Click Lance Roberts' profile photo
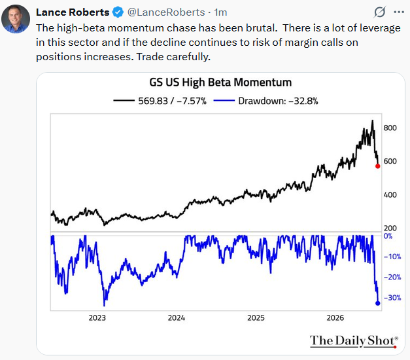pos(16,19)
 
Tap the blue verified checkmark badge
pos(118,12)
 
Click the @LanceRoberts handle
pos(166,12)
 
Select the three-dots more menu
pos(399,12)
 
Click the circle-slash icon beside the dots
pos(380,12)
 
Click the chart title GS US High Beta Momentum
pos(220,82)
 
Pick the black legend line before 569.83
pos(124,101)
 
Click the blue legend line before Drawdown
pos(224,101)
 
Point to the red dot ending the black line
pos(377,166)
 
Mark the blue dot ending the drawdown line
pos(377,303)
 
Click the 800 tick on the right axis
pos(390,128)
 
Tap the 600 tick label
pos(390,161)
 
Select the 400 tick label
pos(390,195)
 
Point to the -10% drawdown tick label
pos(392,257)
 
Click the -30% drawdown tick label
pos(392,298)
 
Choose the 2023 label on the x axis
pos(97,318)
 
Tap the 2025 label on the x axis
pos(256,318)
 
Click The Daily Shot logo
pos(354,341)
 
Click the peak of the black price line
pos(373,120)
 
